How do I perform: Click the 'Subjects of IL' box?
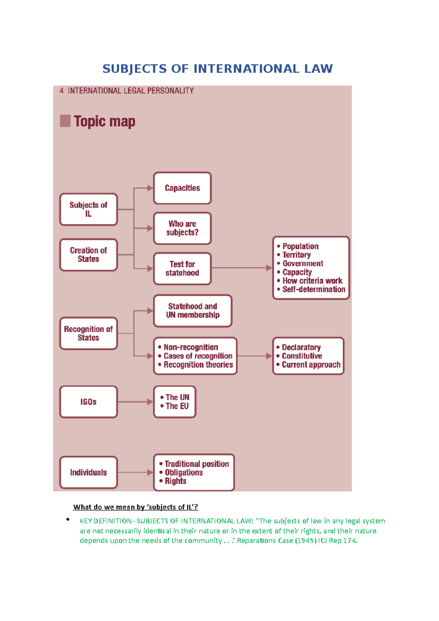tap(89, 209)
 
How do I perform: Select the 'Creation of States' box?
tap(89, 255)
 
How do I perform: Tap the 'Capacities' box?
tap(182, 188)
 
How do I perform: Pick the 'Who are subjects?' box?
tap(182, 228)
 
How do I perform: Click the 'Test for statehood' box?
tap(182, 268)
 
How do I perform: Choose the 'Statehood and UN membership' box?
tap(193, 310)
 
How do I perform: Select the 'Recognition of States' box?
tap(89, 333)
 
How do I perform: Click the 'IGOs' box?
tap(89, 402)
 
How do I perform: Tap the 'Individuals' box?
tap(89, 472)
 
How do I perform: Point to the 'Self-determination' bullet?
tap(314, 289)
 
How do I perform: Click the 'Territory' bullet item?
tap(296, 255)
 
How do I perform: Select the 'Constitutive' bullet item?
tap(302, 356)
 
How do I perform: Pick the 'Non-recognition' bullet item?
tap(191, 347)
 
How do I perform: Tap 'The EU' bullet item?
tap(177, 406)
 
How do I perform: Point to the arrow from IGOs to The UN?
tap(135, 402)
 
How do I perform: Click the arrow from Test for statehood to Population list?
tap(242, 268)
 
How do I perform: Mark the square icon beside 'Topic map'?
tap(65, 121)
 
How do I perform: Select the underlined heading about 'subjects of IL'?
tap(135, 507)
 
